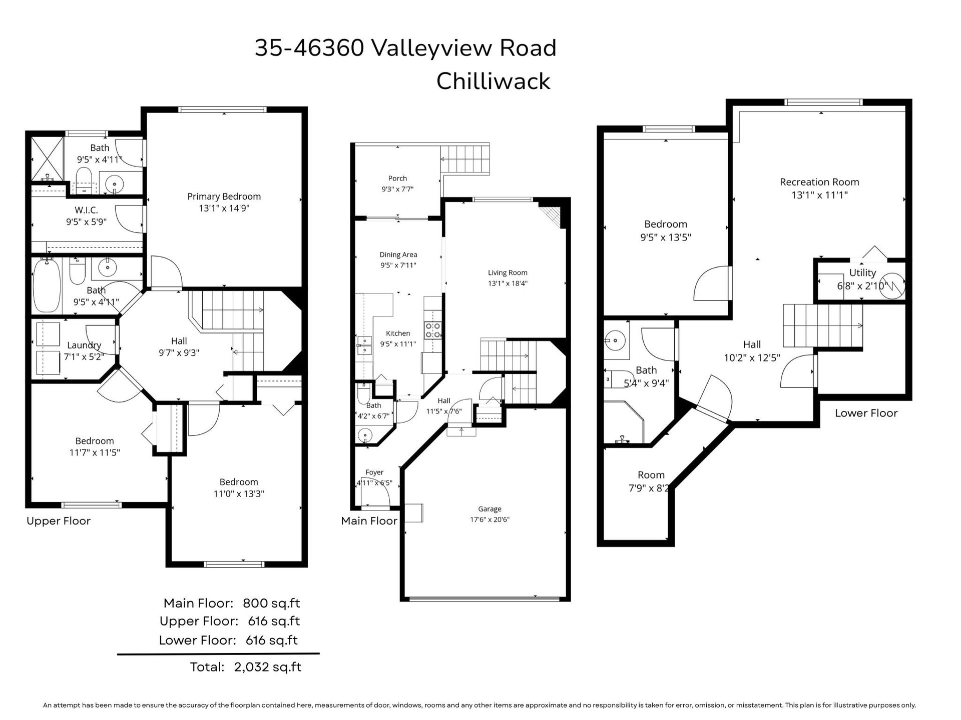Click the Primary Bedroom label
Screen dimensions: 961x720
(224, 196)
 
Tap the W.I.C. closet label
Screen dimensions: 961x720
(87, 210)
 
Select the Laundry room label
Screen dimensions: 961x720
(84, 345)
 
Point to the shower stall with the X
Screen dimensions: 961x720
(48, 158)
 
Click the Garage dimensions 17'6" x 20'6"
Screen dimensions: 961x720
(490, 519)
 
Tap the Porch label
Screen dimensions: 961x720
(397, 178)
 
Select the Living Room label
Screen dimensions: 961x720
(508, 272)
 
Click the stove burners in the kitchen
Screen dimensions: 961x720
(433, 330)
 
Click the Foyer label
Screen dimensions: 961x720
(374, 472)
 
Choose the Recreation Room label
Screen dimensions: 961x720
(819, 182)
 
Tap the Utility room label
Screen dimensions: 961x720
(862, 272)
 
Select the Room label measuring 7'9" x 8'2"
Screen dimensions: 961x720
(651, 475)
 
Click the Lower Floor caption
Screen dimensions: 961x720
(866, 413)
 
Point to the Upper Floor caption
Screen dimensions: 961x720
(59, 521)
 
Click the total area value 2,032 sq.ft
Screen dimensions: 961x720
(268, 667)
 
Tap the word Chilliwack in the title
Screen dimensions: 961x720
(493, 81)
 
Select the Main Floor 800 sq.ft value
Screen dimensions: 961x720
(271, 603)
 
